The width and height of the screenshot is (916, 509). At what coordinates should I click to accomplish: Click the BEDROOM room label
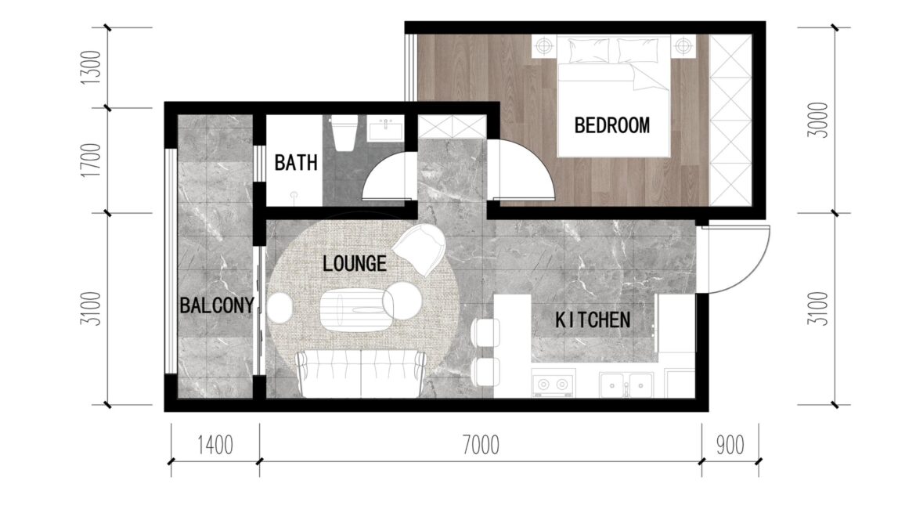(x=611, y=125)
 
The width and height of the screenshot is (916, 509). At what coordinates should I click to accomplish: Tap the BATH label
(x=296, y=162)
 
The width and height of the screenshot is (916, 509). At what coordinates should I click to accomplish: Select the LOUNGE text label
(x=355, y=264)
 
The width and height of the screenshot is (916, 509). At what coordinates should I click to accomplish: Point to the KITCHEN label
(x=593, y=319)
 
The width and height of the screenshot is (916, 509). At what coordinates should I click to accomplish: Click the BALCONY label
(x=217, y=305)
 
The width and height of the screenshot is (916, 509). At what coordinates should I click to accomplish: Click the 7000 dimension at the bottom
(x=481, y=446)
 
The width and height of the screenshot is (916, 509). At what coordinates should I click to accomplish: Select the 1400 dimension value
(x=215, y=446)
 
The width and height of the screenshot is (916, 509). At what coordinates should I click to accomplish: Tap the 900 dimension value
(x=730, y=446)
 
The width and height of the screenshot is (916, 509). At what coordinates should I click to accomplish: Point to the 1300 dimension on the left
(x=91, y=67)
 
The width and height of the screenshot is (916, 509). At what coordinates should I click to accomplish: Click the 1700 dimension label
(x=91, y=160)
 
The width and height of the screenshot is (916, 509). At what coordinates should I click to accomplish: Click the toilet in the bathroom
(x=344, y=134)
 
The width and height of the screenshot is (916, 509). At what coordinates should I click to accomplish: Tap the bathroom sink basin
(x=385, y=128)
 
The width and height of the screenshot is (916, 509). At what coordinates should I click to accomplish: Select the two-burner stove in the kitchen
(x=554, y=384)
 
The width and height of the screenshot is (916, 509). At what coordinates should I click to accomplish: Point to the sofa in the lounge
(x=360, y=374)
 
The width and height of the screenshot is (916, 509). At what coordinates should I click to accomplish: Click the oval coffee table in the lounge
(x=351, y=311)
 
